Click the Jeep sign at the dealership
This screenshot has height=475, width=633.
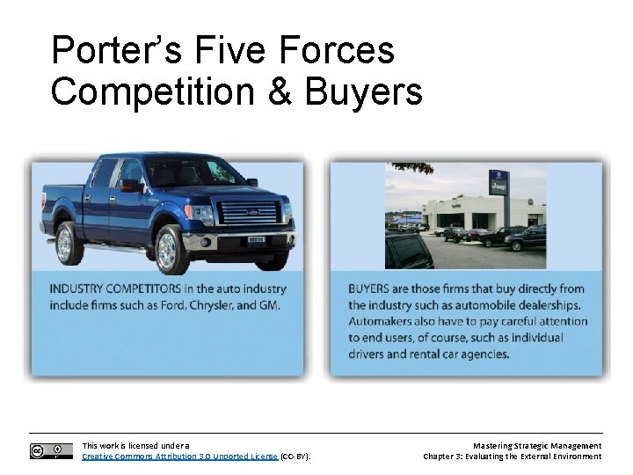pos(498,186)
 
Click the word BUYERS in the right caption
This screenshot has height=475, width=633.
pos(372,289)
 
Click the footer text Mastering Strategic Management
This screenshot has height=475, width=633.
pos(535,446)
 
